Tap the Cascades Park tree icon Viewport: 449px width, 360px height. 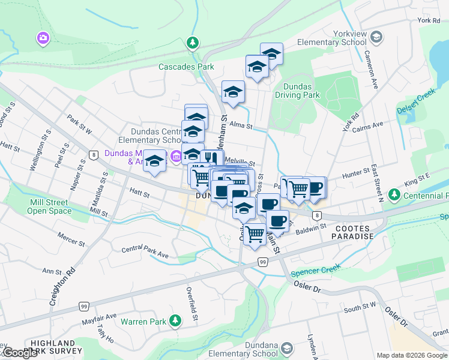[193, 43]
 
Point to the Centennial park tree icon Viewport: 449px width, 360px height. [394, 195]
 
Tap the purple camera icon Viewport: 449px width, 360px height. [43, 39]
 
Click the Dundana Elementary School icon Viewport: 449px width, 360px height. [287, 349]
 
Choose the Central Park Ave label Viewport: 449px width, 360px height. [145, 251]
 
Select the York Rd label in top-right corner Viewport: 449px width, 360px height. [429, 21]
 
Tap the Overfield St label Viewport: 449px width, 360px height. [192, 305]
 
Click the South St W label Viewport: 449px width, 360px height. [360, 308]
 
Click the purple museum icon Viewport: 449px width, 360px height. [175, 157]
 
